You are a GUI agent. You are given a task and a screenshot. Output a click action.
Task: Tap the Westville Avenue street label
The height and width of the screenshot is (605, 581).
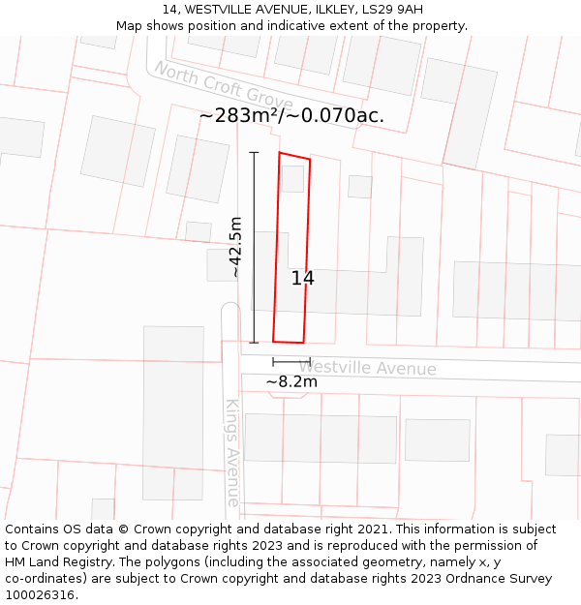(367, 369)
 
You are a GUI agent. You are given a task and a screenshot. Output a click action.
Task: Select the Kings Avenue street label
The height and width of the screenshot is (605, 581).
(232, 452)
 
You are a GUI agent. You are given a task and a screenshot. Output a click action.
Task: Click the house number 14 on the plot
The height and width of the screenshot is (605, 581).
(302, 279)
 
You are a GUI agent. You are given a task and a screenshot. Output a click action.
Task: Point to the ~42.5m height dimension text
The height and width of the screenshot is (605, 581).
(235, 248)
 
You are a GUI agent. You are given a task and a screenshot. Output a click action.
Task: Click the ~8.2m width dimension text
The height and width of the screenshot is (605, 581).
(291, 381)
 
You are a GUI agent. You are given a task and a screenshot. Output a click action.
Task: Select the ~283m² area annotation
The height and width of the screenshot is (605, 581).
(240, 115)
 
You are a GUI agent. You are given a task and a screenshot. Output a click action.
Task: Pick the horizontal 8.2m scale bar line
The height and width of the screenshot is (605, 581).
(291, 362)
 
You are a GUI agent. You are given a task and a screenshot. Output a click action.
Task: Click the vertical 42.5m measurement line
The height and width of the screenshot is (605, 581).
(255, 247)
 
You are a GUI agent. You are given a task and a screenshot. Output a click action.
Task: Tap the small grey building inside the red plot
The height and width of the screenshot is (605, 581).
(292, 179)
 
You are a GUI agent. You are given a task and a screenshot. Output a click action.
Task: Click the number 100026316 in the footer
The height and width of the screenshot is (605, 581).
(39, 594)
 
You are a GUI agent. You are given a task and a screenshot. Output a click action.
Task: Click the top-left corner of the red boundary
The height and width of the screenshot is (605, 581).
(280, 153)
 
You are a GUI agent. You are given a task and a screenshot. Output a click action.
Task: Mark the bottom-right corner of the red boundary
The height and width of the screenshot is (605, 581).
(303, 343)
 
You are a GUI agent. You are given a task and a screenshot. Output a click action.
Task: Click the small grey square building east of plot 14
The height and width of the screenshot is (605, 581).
(360, 187)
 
